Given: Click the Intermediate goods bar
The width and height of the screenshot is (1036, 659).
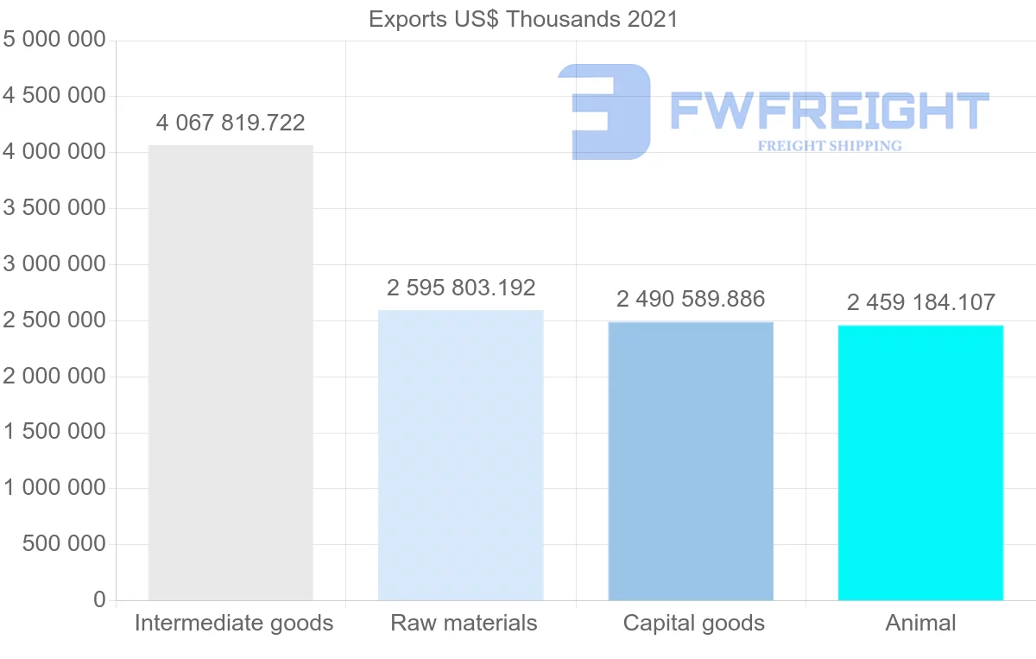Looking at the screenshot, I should click(x=231, y=372).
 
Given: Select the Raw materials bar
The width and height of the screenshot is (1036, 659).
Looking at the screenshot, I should click(x=461, y=454).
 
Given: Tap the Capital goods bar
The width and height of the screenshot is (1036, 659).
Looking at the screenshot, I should click(x=691, y=460).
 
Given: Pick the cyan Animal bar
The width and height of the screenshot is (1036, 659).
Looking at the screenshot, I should click(x=920, y=462).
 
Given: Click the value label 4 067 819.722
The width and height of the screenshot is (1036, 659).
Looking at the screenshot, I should click(x=231, y=123).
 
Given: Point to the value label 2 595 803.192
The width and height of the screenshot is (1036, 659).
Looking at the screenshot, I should click(x=461, y=288).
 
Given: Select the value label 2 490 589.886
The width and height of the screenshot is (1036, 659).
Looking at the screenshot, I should click(x=691, y=300).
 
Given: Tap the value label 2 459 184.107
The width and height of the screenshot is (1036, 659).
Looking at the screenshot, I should click(x=920, y=302).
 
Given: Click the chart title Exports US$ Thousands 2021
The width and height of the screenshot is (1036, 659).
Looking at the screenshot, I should click(x=523, y=19).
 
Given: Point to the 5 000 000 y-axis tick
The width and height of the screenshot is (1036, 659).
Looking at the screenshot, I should click(x=54, y=40).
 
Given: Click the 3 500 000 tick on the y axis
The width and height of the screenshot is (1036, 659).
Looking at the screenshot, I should click(x=54, y=208).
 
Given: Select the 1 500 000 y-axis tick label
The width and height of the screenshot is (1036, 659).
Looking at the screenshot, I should click(x=54, y=432).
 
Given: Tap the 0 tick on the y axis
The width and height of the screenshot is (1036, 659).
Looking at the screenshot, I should click(x=99, y=599).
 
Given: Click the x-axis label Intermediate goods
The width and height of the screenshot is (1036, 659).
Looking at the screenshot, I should click(x=234, y=623).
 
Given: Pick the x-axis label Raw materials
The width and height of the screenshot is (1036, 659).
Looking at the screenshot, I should click(x=464, y=623).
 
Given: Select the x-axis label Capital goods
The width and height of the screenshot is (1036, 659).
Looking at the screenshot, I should click(x=694, y=623).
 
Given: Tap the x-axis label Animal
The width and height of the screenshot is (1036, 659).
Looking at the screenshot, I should click(x=920, y=623).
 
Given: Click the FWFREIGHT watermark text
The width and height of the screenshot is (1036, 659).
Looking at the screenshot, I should click(x=829, y=111).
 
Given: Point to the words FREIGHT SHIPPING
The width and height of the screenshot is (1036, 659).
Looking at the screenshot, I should click(x=830, y=146).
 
